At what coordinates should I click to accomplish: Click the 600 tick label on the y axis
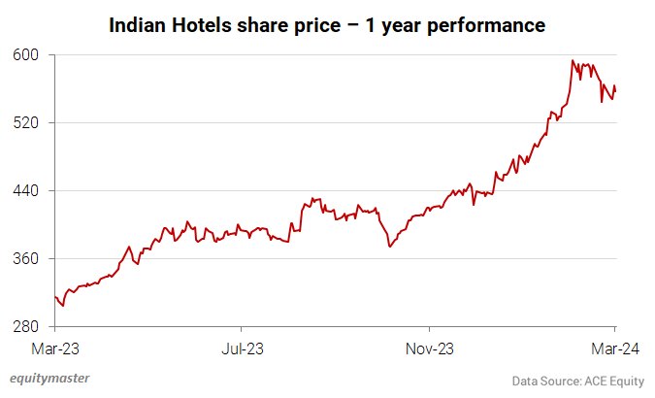tap(25, 54)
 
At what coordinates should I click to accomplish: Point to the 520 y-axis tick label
tap(25, 122)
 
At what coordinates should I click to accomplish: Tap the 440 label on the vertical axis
tap(25, 190)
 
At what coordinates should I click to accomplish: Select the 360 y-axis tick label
tap(25, 259)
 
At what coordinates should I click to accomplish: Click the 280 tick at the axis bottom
tap(25, 327)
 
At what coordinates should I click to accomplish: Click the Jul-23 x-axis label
tap(241, 348)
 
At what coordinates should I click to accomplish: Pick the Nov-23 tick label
tap(430, 348)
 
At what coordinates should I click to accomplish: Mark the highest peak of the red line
tap(573, 61)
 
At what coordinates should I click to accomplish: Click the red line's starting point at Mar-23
tap(55, 297)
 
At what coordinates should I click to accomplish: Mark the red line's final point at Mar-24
tap(615, 89)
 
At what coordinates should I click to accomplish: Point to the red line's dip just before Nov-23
tap(389, 247)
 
